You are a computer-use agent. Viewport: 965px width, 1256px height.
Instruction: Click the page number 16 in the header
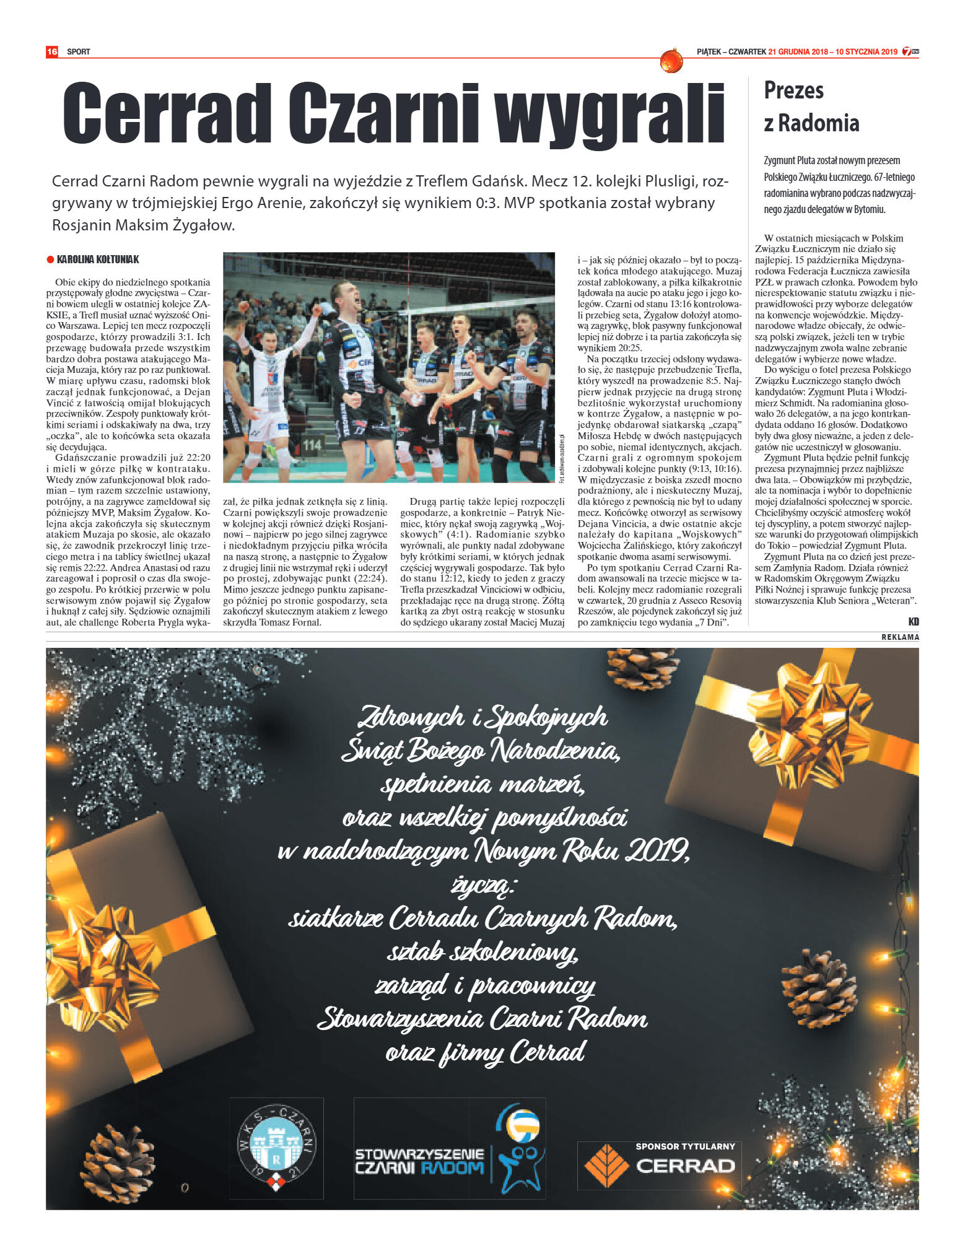[51, 51]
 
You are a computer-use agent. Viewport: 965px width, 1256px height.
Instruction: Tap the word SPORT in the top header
[79, 52]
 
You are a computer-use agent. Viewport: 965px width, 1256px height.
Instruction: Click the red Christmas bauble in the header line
[671, 61]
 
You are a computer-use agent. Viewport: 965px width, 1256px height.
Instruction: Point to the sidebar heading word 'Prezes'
[793, 90]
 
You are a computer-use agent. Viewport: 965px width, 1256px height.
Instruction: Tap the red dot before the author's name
[50, 260]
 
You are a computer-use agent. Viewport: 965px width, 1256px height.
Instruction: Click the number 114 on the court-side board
[312, 444]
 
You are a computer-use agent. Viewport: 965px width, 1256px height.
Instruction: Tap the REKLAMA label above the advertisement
[900, 637]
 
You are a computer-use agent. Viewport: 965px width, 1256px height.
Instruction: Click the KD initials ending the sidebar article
[913, 621]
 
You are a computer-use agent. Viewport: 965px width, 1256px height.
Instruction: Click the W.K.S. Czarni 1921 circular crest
[276, 1148]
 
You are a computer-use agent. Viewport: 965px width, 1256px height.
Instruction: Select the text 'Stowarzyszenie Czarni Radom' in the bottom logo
[419, 1161]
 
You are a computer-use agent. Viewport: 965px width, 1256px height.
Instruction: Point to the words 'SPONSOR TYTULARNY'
[685, 1146]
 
